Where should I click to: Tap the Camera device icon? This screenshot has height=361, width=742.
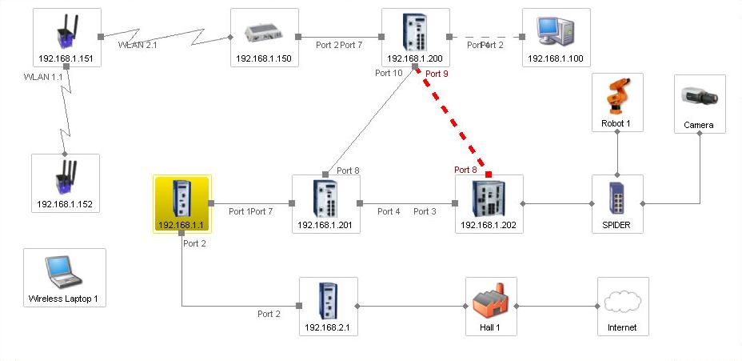point(700,96)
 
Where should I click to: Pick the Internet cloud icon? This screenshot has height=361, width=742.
point(623,301)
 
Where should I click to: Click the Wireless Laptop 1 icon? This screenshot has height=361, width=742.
point(64,271)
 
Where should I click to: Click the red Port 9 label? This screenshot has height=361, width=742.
point(437,74)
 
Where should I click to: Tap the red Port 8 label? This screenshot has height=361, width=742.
point(465,170)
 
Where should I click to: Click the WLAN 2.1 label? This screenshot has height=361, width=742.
point(138,45)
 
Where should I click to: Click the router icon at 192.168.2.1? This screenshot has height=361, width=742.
point(328,300)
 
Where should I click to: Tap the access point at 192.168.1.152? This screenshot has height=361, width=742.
point(65,178)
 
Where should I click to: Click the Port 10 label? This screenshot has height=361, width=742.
point(389,73)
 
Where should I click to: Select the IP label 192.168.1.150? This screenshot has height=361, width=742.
point(264,58)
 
